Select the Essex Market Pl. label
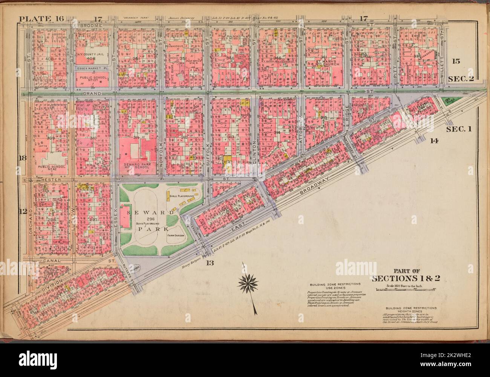(x=92, y=68)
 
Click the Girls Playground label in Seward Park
(x=182, y=197)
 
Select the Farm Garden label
(x=175, y=235)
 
